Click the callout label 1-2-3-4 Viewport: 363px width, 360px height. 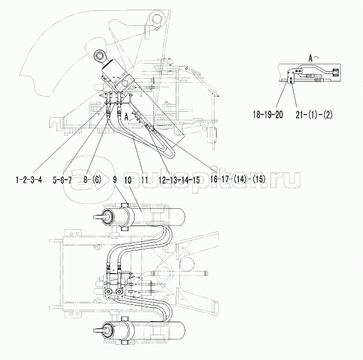coord(29,180)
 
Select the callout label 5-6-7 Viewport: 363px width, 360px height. coord(62,180)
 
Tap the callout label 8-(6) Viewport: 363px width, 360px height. coord(92,180)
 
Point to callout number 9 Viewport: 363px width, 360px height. coord(115,180)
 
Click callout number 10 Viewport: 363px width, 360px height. coord(128,180)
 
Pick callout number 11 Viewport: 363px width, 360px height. coord(144,180)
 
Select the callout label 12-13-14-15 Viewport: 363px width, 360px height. coord(179,180)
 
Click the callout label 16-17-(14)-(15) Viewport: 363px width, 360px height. coord(238,179)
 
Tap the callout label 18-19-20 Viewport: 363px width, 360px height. coord(268,114)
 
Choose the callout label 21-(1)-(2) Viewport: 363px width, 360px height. coord(314,115)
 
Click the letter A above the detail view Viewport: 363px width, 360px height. coord(311,58)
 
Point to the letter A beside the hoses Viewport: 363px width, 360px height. coord(126,117)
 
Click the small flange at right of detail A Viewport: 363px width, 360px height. coord(335,72)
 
